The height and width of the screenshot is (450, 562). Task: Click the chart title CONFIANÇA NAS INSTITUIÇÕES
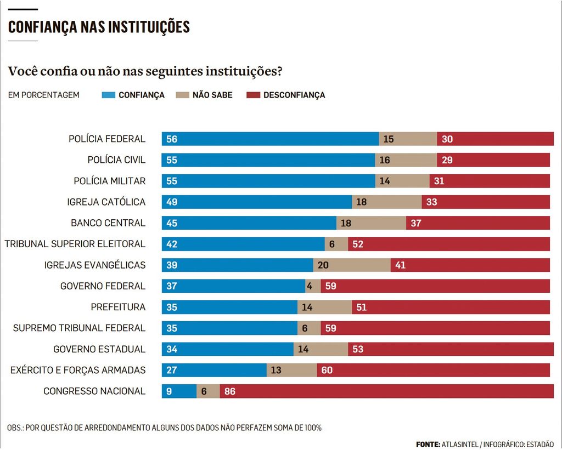pos(99,27)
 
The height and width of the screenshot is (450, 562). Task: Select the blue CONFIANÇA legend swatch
pos(109,95)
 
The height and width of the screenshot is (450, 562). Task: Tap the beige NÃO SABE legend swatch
pos(182,95)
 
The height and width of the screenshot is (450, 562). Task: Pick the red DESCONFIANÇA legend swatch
pos(253,95)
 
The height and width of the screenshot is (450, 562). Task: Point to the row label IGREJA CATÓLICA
pos(106,202)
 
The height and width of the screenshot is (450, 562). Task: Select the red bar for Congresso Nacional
pos(387,391)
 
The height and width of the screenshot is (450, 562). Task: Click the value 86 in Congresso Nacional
pos(230,391)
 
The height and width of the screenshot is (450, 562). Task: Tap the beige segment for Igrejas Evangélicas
pos(352,265)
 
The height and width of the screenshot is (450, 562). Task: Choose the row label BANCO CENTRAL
pos(108,223)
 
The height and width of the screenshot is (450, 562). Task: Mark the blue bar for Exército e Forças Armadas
pos(214,371)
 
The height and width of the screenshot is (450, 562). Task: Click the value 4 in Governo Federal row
pos(310,286)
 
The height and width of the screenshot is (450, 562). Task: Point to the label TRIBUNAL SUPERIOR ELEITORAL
pos(75,244)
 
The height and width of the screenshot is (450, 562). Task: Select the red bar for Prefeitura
pos(451,307)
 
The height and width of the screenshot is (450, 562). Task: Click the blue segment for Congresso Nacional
pos(179,391)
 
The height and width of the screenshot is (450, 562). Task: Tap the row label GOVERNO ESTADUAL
pos(99,349)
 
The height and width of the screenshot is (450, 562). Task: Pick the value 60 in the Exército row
pos(327,371)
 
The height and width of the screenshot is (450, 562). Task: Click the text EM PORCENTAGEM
pos(44,95)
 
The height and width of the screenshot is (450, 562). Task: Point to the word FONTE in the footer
pos(428,444)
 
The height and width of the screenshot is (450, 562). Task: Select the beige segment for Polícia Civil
pos(406,160)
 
